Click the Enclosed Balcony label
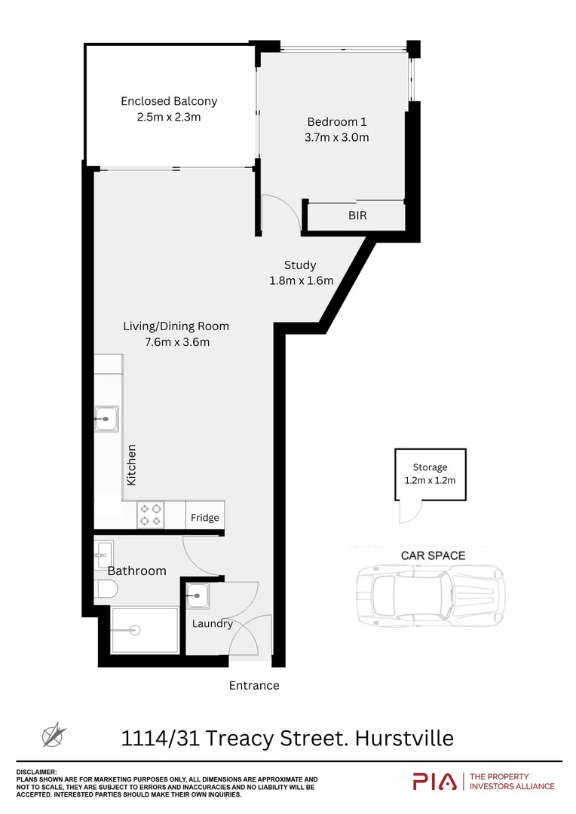click(169, 101)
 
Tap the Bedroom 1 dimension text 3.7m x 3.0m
click(337, 137)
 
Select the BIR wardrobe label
click(357, 216)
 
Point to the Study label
click(300, 265)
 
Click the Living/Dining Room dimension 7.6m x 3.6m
click(176, 342)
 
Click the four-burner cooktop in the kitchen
click(150, 515)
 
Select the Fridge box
click(204, 517)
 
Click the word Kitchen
click(132, 464)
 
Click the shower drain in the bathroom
click(136, 629)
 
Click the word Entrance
click(254, 686)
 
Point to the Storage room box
click(430, 474)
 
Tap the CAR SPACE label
click(433, 555)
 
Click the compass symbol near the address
click(54, 735)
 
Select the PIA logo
click(435, 782)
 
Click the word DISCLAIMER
click(36, 772)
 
